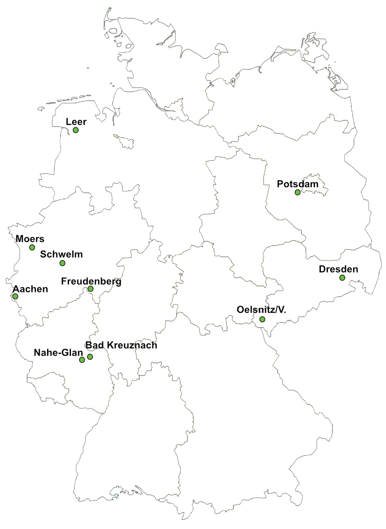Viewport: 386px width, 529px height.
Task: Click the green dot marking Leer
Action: [x=75, y=130]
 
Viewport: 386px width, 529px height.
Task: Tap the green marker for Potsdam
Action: [x=297, y=192]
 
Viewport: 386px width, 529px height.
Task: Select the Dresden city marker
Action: [x=342, y=278]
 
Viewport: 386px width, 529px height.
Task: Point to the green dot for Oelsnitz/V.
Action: [x=262, y=320]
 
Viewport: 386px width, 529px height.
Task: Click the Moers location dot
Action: [x=32, y=247]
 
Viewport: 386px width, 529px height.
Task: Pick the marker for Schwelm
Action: [x=62, y=263]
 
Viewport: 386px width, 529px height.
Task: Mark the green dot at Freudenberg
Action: [x=90, y=289]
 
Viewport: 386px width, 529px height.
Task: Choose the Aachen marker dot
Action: [x=15, y=296]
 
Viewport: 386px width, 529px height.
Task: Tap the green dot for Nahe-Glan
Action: [x=82, y=360]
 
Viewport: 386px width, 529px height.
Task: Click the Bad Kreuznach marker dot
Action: [x=90, y=357]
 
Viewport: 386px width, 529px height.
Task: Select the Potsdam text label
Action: [x=298, y=184]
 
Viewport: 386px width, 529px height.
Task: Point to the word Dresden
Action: [x=338, y=269]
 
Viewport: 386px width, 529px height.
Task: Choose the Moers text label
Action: [x=30, y=239]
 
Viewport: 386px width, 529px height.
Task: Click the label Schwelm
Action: [x=61, y=254]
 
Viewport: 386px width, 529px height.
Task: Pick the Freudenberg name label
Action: [x=91, y=281]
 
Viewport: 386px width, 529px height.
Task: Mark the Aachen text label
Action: [x=30, y=289]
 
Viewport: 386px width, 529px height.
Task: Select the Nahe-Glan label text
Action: [x=55, y=352]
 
